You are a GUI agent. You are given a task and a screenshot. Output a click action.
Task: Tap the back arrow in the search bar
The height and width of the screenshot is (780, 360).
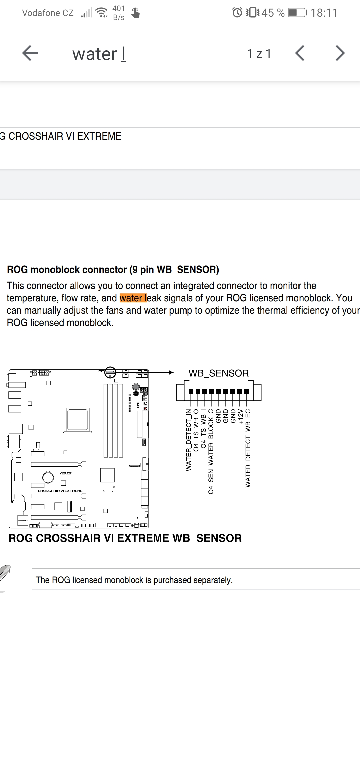(30, 53)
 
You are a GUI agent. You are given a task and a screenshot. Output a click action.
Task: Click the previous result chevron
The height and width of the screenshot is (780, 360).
(300, 53)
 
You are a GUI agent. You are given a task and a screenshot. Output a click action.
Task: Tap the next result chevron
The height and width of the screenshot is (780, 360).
(340, 53)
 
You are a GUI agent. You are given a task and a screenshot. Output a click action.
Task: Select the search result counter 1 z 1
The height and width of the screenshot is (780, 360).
(259, 54)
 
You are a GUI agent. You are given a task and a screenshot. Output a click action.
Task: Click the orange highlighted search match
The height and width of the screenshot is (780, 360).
(133, 298)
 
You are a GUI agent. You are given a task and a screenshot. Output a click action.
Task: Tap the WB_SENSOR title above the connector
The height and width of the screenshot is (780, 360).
(219, 373)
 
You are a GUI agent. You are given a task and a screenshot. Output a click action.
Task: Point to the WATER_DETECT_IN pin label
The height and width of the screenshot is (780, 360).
(189, 440)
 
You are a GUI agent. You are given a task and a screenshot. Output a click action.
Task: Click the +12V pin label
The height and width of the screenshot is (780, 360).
(241, 417)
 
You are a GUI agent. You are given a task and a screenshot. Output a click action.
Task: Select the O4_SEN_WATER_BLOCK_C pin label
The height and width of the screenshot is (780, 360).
(211, 451)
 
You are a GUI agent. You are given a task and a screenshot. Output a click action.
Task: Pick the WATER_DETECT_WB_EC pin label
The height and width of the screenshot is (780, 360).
(248, 448)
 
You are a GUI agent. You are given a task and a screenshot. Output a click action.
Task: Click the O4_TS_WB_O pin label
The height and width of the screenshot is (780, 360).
(196, 430)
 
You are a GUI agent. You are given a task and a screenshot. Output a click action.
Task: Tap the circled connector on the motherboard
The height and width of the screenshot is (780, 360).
(110, 372)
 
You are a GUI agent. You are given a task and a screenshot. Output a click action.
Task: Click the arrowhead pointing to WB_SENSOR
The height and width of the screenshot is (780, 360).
(171, 372)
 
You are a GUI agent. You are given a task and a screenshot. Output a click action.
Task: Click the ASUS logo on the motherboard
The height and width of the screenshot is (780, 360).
(65, 473)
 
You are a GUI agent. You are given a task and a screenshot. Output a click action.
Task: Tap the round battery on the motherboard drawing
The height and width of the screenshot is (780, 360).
(48, 478)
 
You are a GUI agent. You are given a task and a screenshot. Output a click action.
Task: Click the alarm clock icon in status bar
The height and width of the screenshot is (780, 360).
(237, 13)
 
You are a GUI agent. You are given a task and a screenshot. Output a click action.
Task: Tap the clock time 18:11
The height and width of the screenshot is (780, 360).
(324, 13)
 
